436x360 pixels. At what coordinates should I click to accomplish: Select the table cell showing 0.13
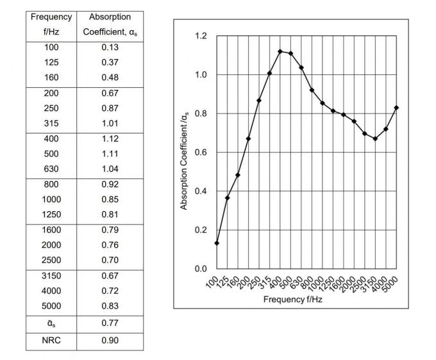coord(110,47)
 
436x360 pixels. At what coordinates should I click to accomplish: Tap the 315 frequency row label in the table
coord(51,123)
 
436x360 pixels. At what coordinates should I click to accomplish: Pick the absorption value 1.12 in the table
coord(110,139)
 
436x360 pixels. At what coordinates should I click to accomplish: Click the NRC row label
coord(51,339)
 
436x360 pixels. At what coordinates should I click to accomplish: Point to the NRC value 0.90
coord(110,339)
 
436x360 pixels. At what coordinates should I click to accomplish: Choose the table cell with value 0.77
coord(110,323)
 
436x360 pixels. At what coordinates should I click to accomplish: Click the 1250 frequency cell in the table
coord(51,214)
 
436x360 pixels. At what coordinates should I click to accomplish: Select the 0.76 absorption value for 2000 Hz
coord(110,244)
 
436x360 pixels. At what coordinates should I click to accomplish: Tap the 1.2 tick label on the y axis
coord(201,37)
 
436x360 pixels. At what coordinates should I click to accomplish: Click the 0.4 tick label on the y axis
coord(201,191)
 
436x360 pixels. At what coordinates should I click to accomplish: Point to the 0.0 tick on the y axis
coord(201,269)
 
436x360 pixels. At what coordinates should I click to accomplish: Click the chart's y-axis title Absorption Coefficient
coord(184,160)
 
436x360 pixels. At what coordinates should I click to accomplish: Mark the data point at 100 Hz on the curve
coord(217,243)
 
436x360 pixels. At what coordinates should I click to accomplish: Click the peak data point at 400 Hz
coord(280,51)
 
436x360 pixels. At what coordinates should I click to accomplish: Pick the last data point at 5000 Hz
coord(397,108)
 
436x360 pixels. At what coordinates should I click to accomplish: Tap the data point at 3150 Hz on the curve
coord(375,139)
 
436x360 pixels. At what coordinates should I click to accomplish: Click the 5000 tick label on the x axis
coord(390,280)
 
